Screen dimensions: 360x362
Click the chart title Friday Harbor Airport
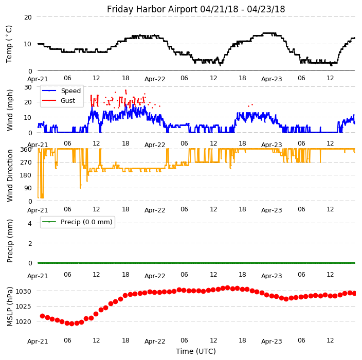coord(196,9)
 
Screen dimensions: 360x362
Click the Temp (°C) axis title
coord(9,44)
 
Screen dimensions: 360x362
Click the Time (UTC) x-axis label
coord(196,351)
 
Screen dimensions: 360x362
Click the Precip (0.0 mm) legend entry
coord(84,222)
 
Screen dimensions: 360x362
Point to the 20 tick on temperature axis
coord(28,17)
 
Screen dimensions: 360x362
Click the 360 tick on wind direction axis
coord(26,150)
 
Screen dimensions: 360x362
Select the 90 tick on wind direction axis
coord(28,188)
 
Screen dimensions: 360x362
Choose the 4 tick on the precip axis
coord(30,223)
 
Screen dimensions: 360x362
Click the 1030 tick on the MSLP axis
coord(24,291)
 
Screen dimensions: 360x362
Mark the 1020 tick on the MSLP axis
coord(24,321)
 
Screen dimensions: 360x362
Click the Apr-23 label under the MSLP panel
coord(271,341)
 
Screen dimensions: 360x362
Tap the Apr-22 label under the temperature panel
coord(155,79)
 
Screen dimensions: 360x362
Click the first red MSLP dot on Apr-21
coord(42,316)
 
